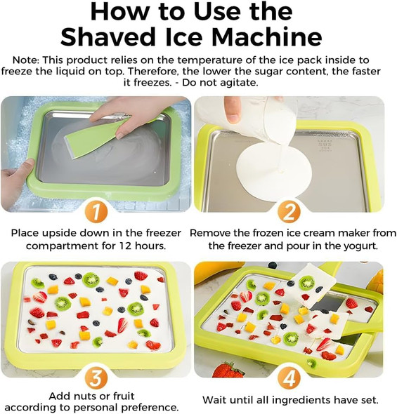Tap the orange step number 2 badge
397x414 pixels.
coord(288,211)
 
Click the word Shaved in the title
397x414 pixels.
coord(109,36)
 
